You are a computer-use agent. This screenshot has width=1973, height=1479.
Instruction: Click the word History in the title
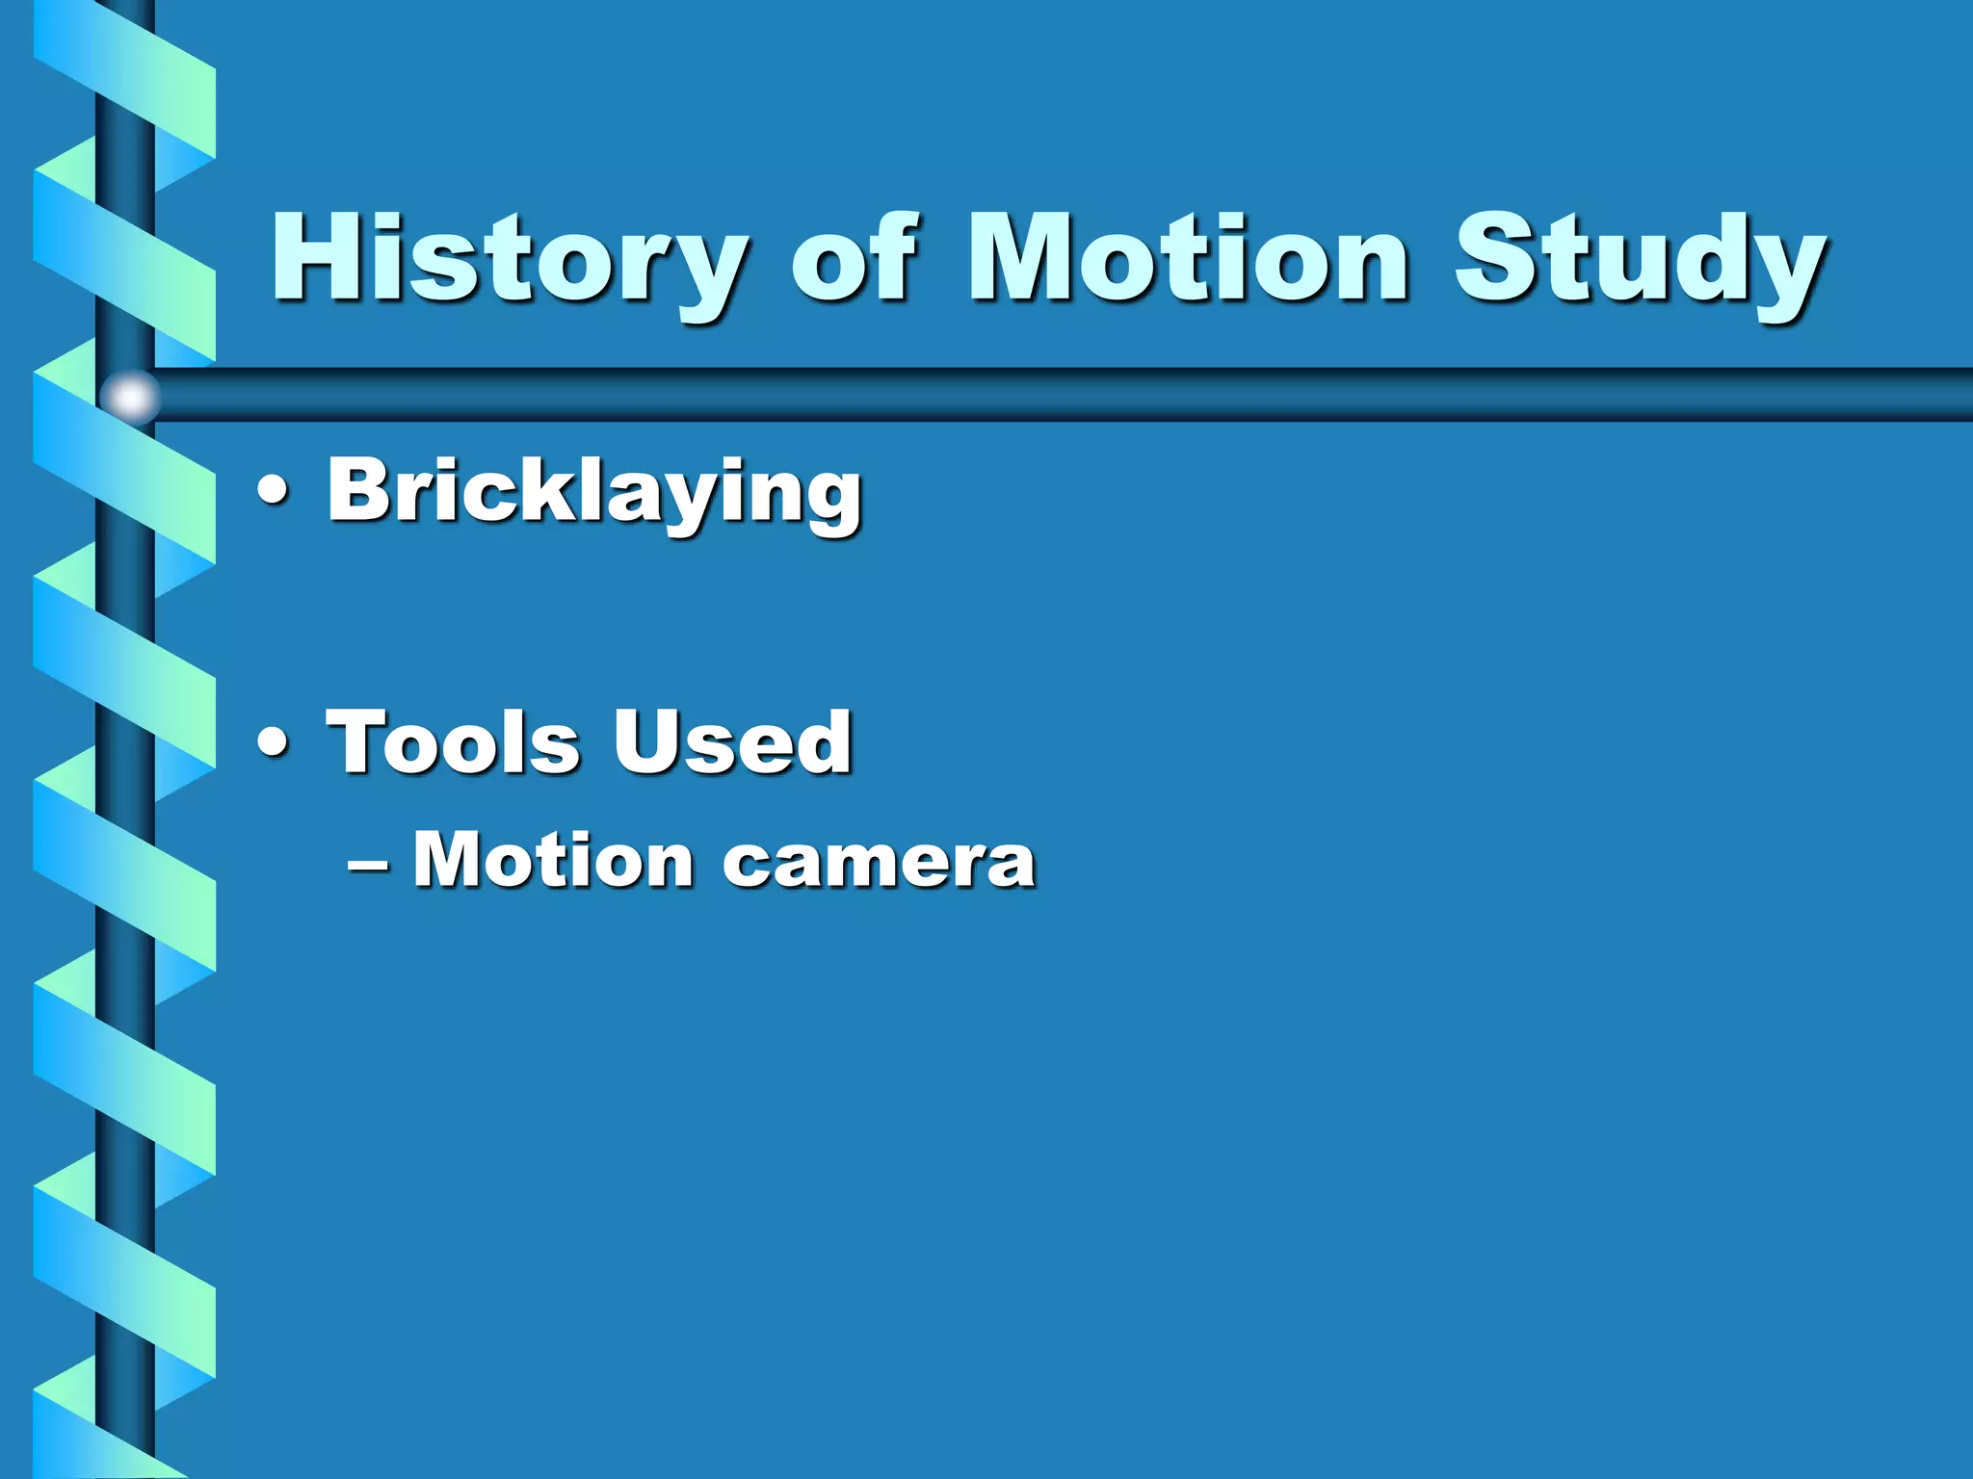tap(509, 258)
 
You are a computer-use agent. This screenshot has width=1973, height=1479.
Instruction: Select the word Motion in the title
tap(1189, 258)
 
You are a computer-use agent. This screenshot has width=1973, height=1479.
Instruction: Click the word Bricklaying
tap(593, 493)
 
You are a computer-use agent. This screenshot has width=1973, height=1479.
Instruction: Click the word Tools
tap(453, 741)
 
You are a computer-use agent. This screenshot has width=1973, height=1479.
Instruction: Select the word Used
tap(732, 741)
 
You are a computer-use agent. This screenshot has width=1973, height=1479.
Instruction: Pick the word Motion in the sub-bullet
tap(553, 859)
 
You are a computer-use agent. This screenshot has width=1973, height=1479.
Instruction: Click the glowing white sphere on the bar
tap(130, 396)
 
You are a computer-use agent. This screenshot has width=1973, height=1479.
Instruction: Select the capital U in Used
tap(647, 739)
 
